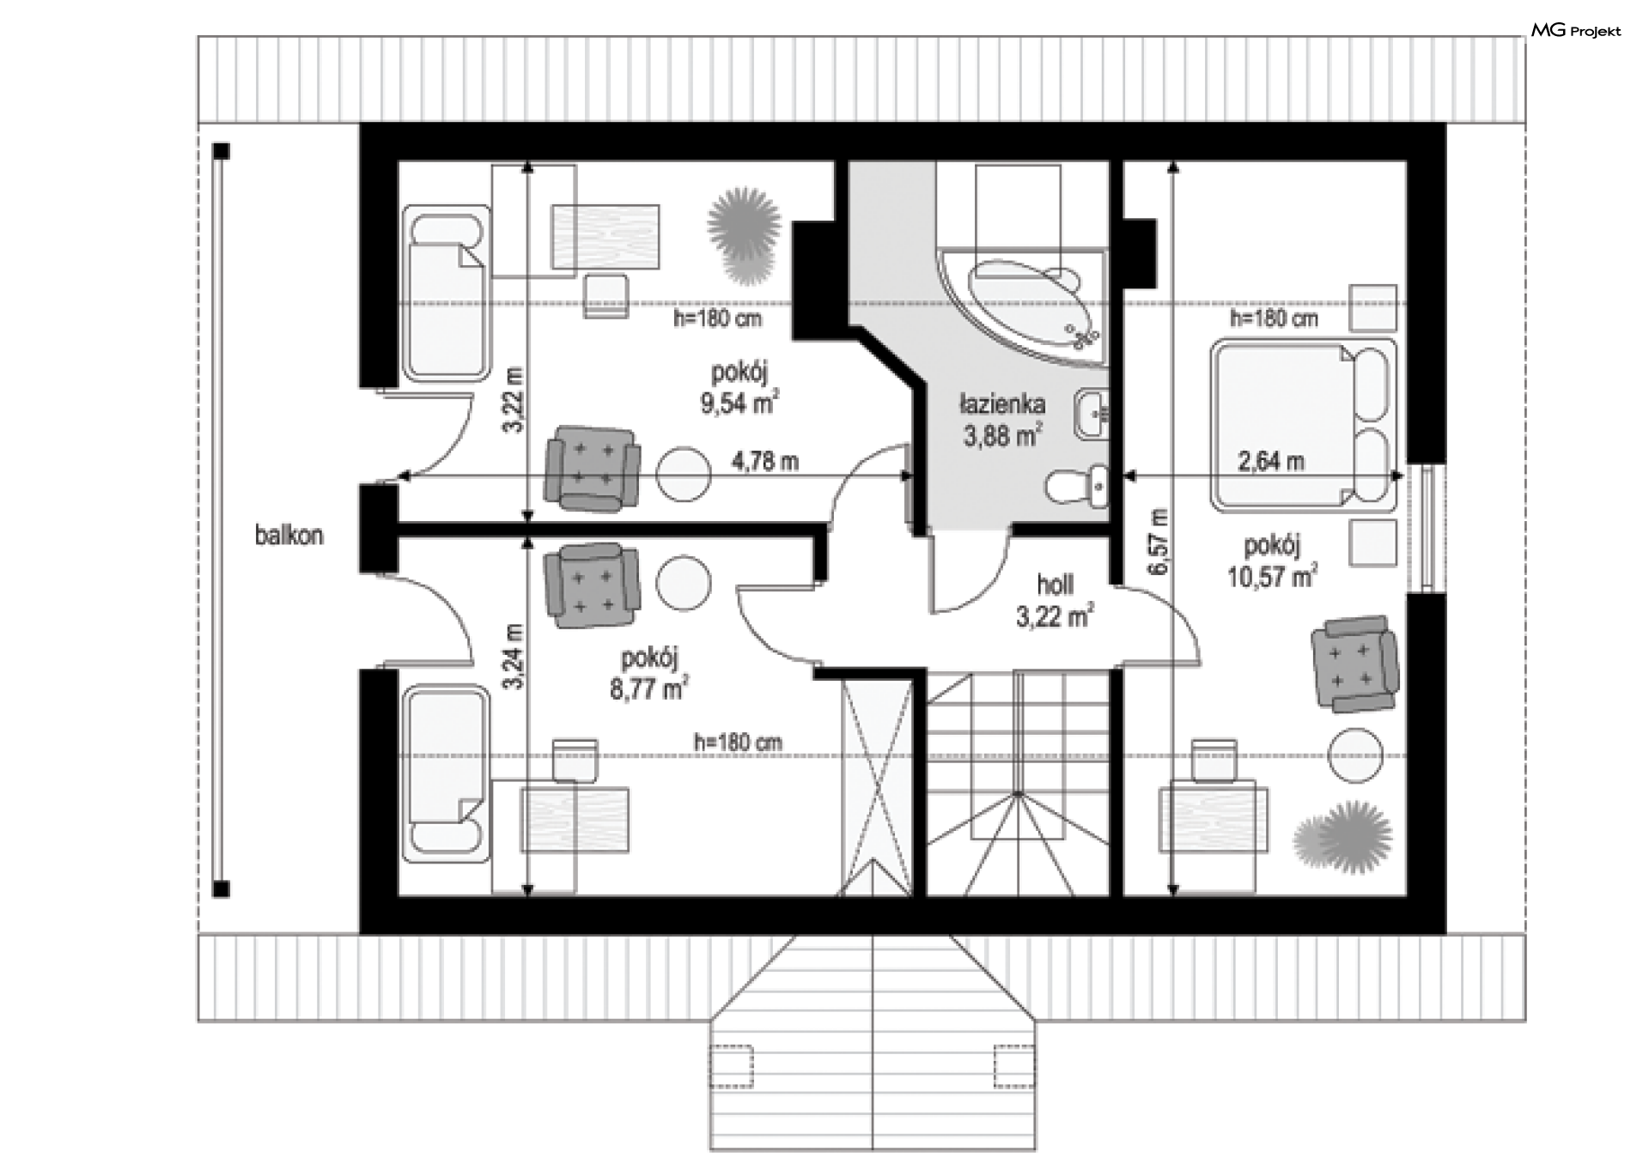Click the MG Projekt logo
coord(1576,31)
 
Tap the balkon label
coord(289,536)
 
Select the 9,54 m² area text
coord(739,403)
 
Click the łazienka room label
coord(1002,403)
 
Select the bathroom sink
coord(1091,415)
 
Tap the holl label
coord(1055,585)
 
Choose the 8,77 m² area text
coord(649,688)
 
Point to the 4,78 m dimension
coord(764,462)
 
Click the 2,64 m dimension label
coord(1271,462)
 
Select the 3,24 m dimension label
coord(514,657)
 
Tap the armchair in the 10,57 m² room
coord(1354,664)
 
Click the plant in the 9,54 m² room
coord(744,237)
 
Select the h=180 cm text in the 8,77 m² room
coord(738,742)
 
